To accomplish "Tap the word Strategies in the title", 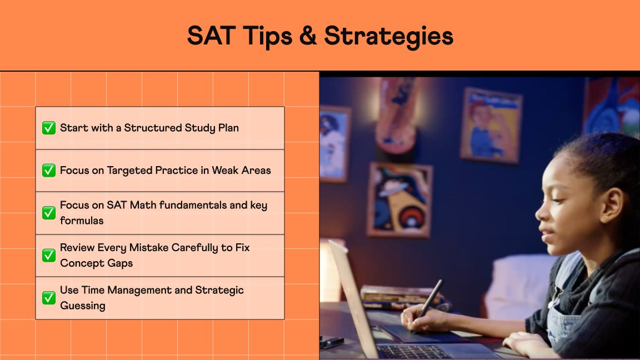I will pyautogui.click(x=388, y=37).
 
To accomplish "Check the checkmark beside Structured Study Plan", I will pyautogui.click(x=49, y=128).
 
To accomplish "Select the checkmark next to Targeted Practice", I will pyautogui.click(x=49, y=171).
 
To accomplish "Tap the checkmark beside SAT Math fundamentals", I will pyautogui.click(x=49, y=213).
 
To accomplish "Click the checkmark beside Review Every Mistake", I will pyautogui.click(x=49, y=255).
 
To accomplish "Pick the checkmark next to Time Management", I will pyautogui.click(x=49, y=298).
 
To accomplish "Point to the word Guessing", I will pyautogui.click(x=83, y=306).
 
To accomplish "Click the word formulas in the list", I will pyautogui.click(x=82, y=221).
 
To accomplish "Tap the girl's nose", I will pyautogui.click(x=539, y=211).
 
